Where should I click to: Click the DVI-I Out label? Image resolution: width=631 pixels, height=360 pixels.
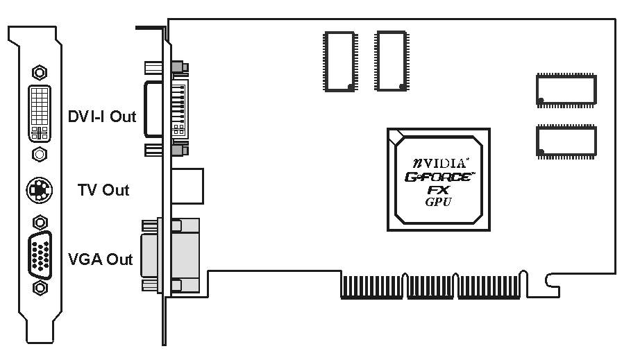(x=101, y=117)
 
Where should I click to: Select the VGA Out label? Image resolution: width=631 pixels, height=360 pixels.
(x=100, y=260)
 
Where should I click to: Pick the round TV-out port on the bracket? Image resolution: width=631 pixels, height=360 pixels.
(x=40, y=189)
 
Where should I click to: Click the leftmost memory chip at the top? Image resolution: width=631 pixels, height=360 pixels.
(x=338, y=61)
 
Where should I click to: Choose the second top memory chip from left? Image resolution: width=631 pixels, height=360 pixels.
(x=392, y=61)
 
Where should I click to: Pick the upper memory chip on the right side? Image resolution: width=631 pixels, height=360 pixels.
(x=566, y=90)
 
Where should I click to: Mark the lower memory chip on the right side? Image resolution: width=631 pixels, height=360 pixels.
(x=566, y=140)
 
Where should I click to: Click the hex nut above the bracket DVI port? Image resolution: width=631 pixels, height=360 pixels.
(x=40, y=71)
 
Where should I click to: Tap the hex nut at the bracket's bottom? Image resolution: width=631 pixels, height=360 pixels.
(x=40, y=287)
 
